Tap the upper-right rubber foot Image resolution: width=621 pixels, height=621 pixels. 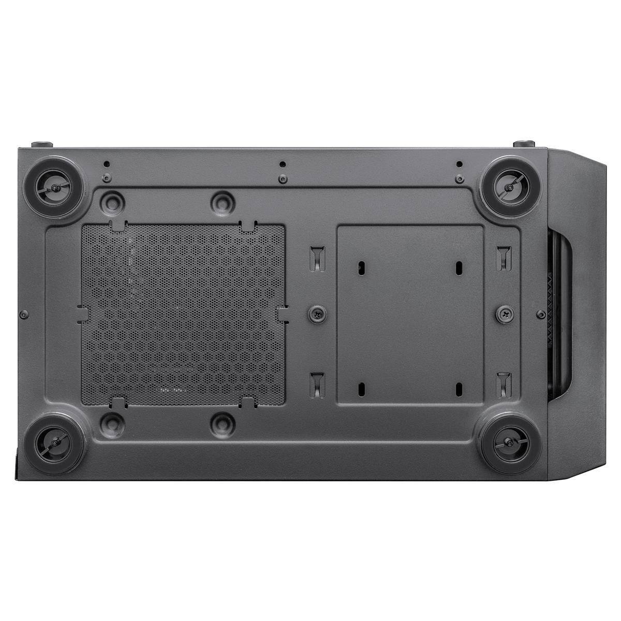point(506,186)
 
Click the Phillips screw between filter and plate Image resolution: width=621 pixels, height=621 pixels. point(316,314)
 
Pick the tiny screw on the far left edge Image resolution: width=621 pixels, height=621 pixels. point(24,314)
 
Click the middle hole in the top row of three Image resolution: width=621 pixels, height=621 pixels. point(282,165)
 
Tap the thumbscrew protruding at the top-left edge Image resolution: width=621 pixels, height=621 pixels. point(42,144)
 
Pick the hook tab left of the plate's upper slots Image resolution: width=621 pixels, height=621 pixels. point(317,257)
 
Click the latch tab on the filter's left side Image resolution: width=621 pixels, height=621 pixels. point(82,314)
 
